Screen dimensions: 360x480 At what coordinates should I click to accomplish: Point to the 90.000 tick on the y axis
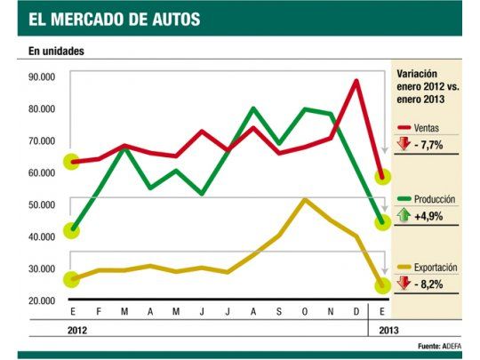pyautogui.click(x=41, y=77)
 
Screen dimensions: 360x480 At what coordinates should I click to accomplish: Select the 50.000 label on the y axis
pyautogui.click(x=41, y=205)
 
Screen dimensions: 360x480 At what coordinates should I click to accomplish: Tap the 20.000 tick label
pyautogui.click(x=41, y=301)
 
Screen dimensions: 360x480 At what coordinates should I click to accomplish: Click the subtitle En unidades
pyautogui.click(x=52, y=51)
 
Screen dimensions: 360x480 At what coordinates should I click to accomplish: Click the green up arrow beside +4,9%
pyautogui.click(x=404, y=216)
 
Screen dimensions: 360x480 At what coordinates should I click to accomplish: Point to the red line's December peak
pyautogui.click(x=356, y=81)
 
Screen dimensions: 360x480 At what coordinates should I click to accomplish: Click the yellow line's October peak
pyautogui.click(x=305, y=199)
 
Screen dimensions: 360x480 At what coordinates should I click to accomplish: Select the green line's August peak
pyautogui.click(x=253, y=108)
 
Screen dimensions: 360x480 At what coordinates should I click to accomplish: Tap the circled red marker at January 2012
pyautogui.click(x=72, y=163)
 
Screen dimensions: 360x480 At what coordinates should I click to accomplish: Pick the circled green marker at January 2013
pyautogui.click(x=382, y=222)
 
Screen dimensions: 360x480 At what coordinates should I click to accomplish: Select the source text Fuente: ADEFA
pyautogui.click(x=439, y=345)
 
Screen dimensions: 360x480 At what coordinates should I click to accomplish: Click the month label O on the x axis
pyautogui.click(x=305, y=312)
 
